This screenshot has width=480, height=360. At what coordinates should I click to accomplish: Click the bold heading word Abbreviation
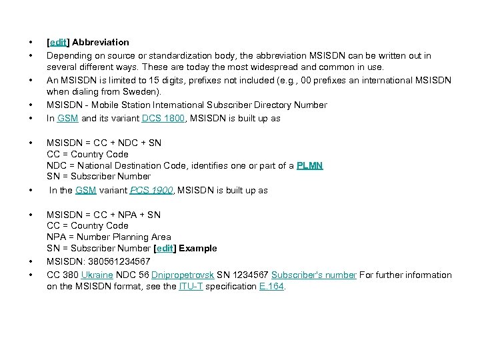point(101,42)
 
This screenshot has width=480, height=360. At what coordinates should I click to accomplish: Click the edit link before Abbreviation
point(59,42)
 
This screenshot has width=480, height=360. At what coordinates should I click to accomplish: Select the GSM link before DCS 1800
point(67,118)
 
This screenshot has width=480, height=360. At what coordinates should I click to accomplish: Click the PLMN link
point(309,165)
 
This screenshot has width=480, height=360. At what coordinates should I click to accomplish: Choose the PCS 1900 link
point(152,190)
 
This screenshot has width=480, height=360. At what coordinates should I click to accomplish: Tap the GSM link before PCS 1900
point(86,190)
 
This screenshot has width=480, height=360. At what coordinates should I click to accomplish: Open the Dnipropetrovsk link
point(183,275)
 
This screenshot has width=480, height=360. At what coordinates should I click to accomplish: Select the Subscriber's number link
point(314,275)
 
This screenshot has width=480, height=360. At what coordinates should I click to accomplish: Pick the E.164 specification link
point(272,286)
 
